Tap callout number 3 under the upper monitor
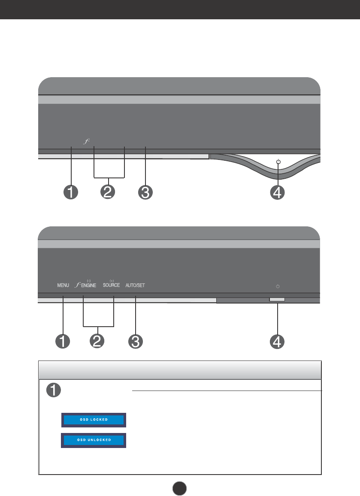pos(145,193)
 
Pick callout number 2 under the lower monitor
pos(98,341)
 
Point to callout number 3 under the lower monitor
pos(135,342)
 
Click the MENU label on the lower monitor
pos(63,285)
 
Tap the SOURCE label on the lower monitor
pos(112,285)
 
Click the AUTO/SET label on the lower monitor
pos(135,285)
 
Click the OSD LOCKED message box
pos(94,420)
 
